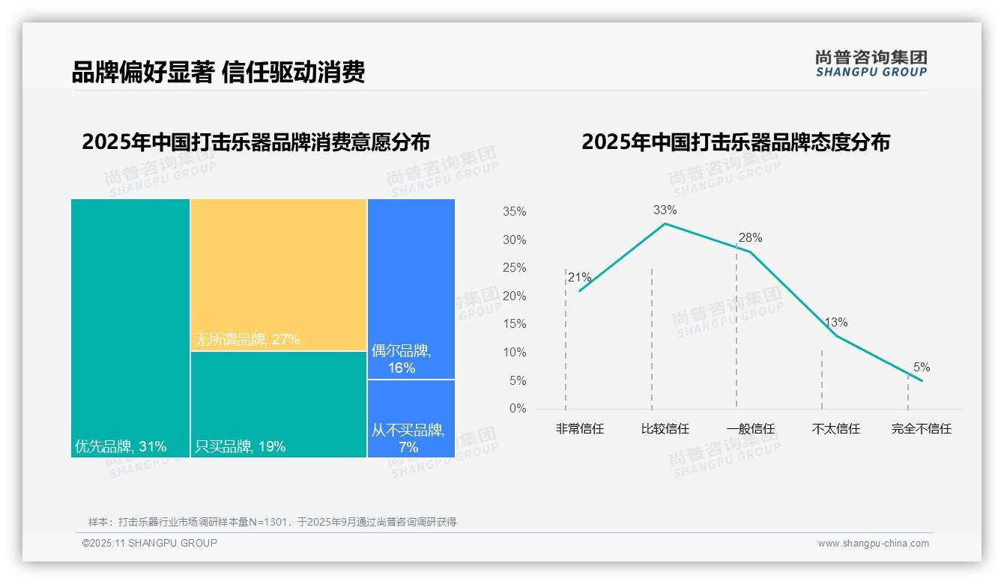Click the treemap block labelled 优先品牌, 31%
[130, 328]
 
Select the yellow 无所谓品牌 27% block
[278, 274]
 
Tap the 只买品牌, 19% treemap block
[278, 404]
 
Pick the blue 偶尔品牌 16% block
[411, 288]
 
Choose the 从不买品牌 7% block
[411, 419]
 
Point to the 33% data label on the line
[665, 210]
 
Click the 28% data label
[750, 238]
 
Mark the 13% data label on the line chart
[836, 323]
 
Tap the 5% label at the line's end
[922, 368]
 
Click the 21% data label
[580, 278]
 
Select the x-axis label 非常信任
[580, 429]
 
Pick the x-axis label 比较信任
[665, 429]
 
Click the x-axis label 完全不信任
[922, 429]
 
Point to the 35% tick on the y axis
[514, 212]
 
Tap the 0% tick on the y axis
[518, 409]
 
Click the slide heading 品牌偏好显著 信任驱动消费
[218, 73]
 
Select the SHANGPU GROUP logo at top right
[871, 64]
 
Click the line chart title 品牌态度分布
[736, 142]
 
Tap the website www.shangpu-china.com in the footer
[873, 544]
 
